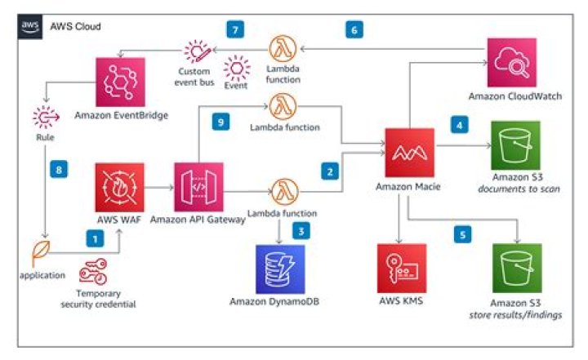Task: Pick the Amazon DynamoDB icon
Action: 278,268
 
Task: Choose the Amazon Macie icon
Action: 409,151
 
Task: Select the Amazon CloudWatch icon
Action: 514,61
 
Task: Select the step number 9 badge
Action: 217,121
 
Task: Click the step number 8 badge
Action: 57,171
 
